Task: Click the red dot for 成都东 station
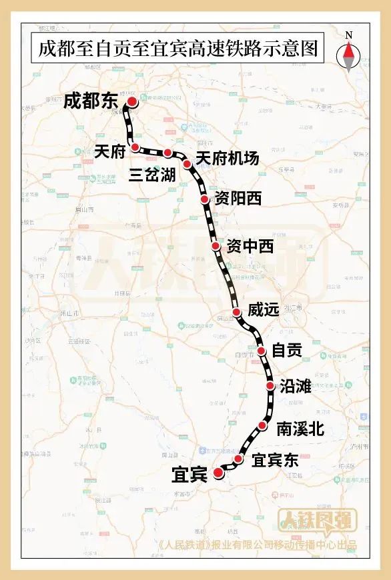coord(132,102)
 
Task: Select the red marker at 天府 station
coord(135,147)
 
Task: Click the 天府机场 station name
coord(226,159)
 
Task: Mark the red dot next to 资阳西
coord(205,199)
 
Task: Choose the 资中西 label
coord(250,247)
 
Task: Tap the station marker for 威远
coord(236,312)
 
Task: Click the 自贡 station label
coord(288,349)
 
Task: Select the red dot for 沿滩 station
coord(270,386)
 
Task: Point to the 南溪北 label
coord(300,429)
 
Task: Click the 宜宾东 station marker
coord(238,459)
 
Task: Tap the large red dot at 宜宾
coord(218,473)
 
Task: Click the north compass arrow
coord(348,57)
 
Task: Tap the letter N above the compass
coord(348,35)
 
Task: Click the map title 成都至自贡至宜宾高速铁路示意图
coord(177,50)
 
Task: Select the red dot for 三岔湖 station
coord(167,153)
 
